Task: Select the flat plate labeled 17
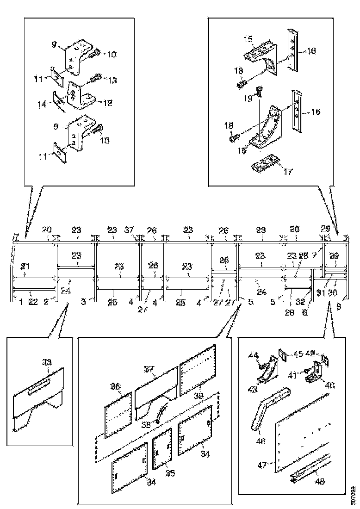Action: point(267,165)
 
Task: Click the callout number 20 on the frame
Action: point(47,230)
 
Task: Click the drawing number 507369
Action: point(353,494)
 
